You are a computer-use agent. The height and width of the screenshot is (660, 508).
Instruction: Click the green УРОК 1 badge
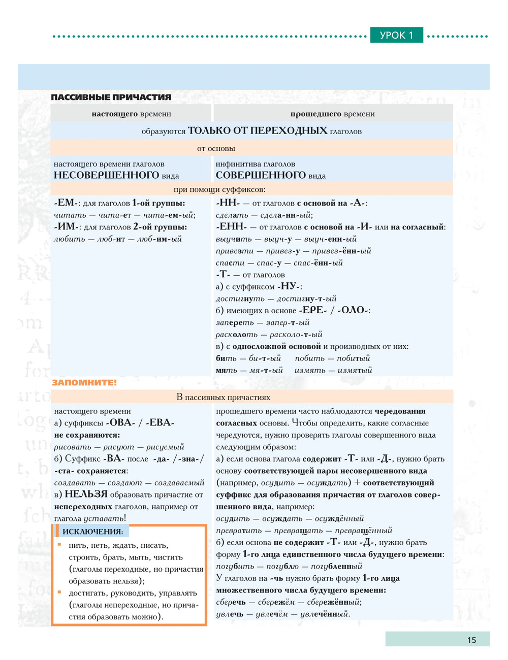click(x=396, y=35)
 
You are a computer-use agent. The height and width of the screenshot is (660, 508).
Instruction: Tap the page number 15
click(x=471, y=640)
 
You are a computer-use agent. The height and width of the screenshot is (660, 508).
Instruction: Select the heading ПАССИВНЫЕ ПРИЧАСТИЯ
click(x=111, y=97)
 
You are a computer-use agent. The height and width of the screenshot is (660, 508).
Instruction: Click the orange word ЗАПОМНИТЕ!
click(x=84, y=382)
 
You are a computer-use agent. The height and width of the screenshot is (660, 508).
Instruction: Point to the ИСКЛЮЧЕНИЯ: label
click(x=92, y=532)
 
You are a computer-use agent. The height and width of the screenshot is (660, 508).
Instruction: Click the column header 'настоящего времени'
click(x=131, y=114)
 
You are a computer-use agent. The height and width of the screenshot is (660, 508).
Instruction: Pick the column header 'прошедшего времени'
click(x=332, y=114)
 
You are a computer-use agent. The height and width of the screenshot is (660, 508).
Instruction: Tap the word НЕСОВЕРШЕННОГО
click(x=107, y=175)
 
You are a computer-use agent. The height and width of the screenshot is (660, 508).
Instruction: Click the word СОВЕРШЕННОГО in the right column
click(x=261, y=175)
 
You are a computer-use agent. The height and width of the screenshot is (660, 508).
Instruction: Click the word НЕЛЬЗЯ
click(x=86, y=494)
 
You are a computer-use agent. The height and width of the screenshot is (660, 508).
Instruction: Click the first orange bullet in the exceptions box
click(x=59, y=545)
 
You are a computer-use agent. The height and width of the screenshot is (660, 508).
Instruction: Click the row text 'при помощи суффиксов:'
click(x=219, y=189)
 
